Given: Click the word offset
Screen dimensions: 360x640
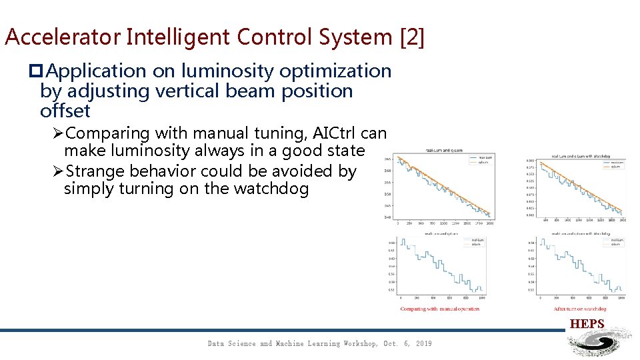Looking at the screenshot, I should tap(65, 110).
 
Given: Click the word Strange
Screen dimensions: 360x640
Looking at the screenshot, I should tap(98, 171).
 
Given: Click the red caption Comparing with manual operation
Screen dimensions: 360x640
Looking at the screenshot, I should tap(439, 309).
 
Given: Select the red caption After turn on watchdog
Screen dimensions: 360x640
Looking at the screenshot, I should tap(580, 309).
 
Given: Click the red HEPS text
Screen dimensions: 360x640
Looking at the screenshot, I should tap(587, 324).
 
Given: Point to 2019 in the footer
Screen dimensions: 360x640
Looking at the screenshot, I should tap(423, 343).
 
